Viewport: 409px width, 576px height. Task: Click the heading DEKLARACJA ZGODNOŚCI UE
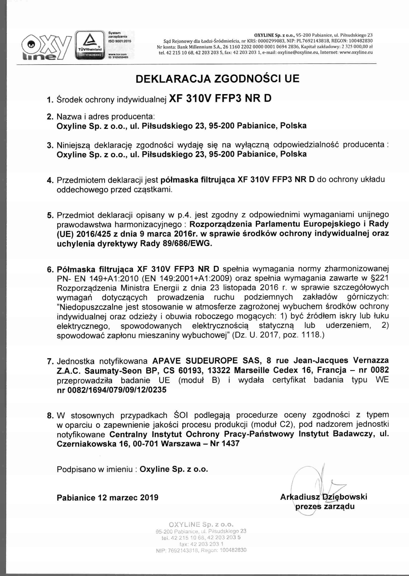click(x=217, y=79)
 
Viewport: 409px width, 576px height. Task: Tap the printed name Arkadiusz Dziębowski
click(x=323, y=497)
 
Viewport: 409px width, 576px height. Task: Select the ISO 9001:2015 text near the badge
click(x=118, y=40)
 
